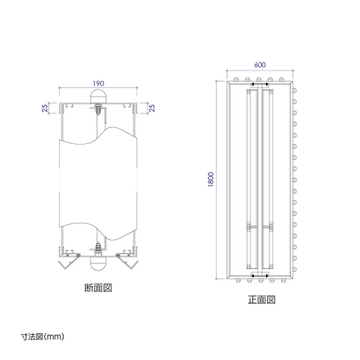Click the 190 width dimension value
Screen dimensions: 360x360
coord(98,83)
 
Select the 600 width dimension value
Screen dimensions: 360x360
coord(260,65)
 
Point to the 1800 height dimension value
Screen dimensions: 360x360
coord(211,180)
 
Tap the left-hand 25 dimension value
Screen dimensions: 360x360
coord(45,108)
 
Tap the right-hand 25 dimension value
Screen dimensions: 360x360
coord(152,108)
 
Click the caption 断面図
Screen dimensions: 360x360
coord(98,288)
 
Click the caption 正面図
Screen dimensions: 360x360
coord(262,299)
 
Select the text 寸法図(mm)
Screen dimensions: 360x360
coord(42,337)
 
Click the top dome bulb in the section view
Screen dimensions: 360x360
coord(98,97)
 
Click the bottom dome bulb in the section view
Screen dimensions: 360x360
coord(98,263)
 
